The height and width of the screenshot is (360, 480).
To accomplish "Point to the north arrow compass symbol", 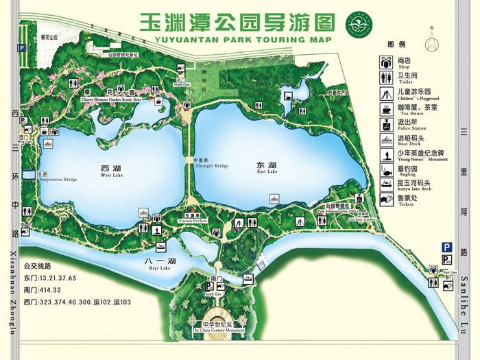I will pos(432,43).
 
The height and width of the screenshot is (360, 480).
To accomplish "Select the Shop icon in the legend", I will pos(386,62).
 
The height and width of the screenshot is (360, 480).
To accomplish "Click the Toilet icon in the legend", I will pos(386,78).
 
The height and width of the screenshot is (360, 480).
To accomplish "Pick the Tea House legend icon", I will pos(386,108).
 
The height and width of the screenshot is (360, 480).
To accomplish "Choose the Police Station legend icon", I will pos(386,124).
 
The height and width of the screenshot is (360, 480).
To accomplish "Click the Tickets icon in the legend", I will pos(386,199).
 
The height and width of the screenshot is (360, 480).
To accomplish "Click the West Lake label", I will pos(112,171).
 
